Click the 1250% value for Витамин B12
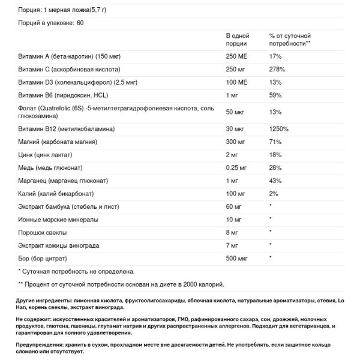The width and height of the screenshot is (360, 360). pyautogui.click(x=279, y=129)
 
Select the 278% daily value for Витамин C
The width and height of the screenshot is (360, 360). pyautogui.click(x=277, y=70)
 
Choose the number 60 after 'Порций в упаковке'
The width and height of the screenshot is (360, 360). pyautogui.click(x=82, y=23)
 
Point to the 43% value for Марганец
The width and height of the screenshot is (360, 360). pyautogui.click(x=275, y=182)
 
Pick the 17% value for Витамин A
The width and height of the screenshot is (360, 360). pyautogui.click(x=275, y=56)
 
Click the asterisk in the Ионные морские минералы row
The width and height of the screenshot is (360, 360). pyautogui.click(x=271, y=218)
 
